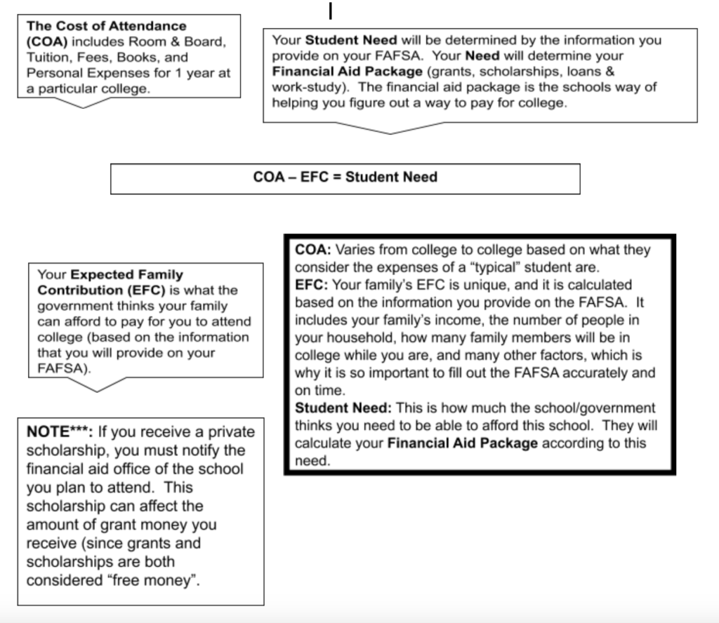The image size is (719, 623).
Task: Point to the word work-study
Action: pos(305,87)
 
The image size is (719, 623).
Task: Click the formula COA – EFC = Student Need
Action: pos(345,177)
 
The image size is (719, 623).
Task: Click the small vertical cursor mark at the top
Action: pos(330,12)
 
